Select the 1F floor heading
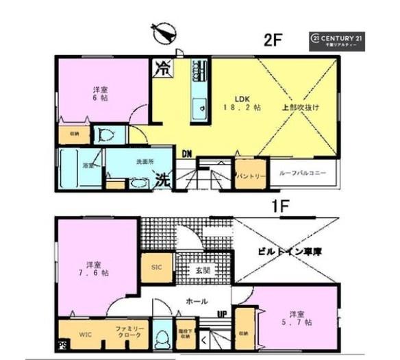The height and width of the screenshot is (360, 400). tap(274, 204)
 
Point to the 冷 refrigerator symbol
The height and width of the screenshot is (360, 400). tap(162, 68)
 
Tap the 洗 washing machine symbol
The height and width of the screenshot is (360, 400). tap(161, 181)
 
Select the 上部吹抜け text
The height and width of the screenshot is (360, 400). tap(301, 108)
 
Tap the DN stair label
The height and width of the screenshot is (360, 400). tap(186, 154)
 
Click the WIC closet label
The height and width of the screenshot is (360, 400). tap(83, 335)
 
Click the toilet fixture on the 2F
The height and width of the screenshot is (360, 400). tap(105, 135)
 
